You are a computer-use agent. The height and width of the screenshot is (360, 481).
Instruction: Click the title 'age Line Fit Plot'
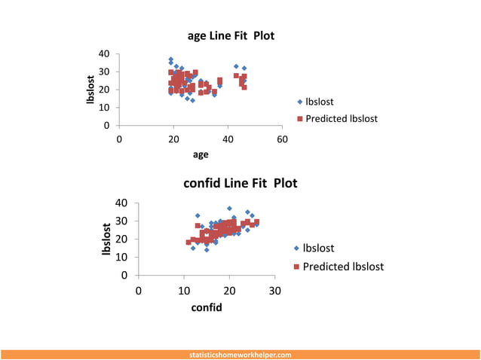pos(236,36)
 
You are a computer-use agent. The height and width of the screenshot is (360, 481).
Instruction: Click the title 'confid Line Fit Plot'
pos(240,183)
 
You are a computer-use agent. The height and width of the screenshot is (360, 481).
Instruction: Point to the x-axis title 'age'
pos(201,154)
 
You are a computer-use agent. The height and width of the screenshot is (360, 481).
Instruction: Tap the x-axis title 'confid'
pos(206,307)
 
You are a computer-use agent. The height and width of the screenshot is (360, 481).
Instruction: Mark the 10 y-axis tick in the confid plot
pos(121,257)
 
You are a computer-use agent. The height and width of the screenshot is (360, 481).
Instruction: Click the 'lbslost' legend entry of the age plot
pos(319,102)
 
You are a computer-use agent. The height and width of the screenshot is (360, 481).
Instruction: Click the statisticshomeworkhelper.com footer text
pos(240,354)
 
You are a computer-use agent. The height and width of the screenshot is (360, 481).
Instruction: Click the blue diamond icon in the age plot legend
pos(299,102)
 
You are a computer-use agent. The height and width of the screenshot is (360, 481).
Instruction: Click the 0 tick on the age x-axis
pos(119,139)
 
